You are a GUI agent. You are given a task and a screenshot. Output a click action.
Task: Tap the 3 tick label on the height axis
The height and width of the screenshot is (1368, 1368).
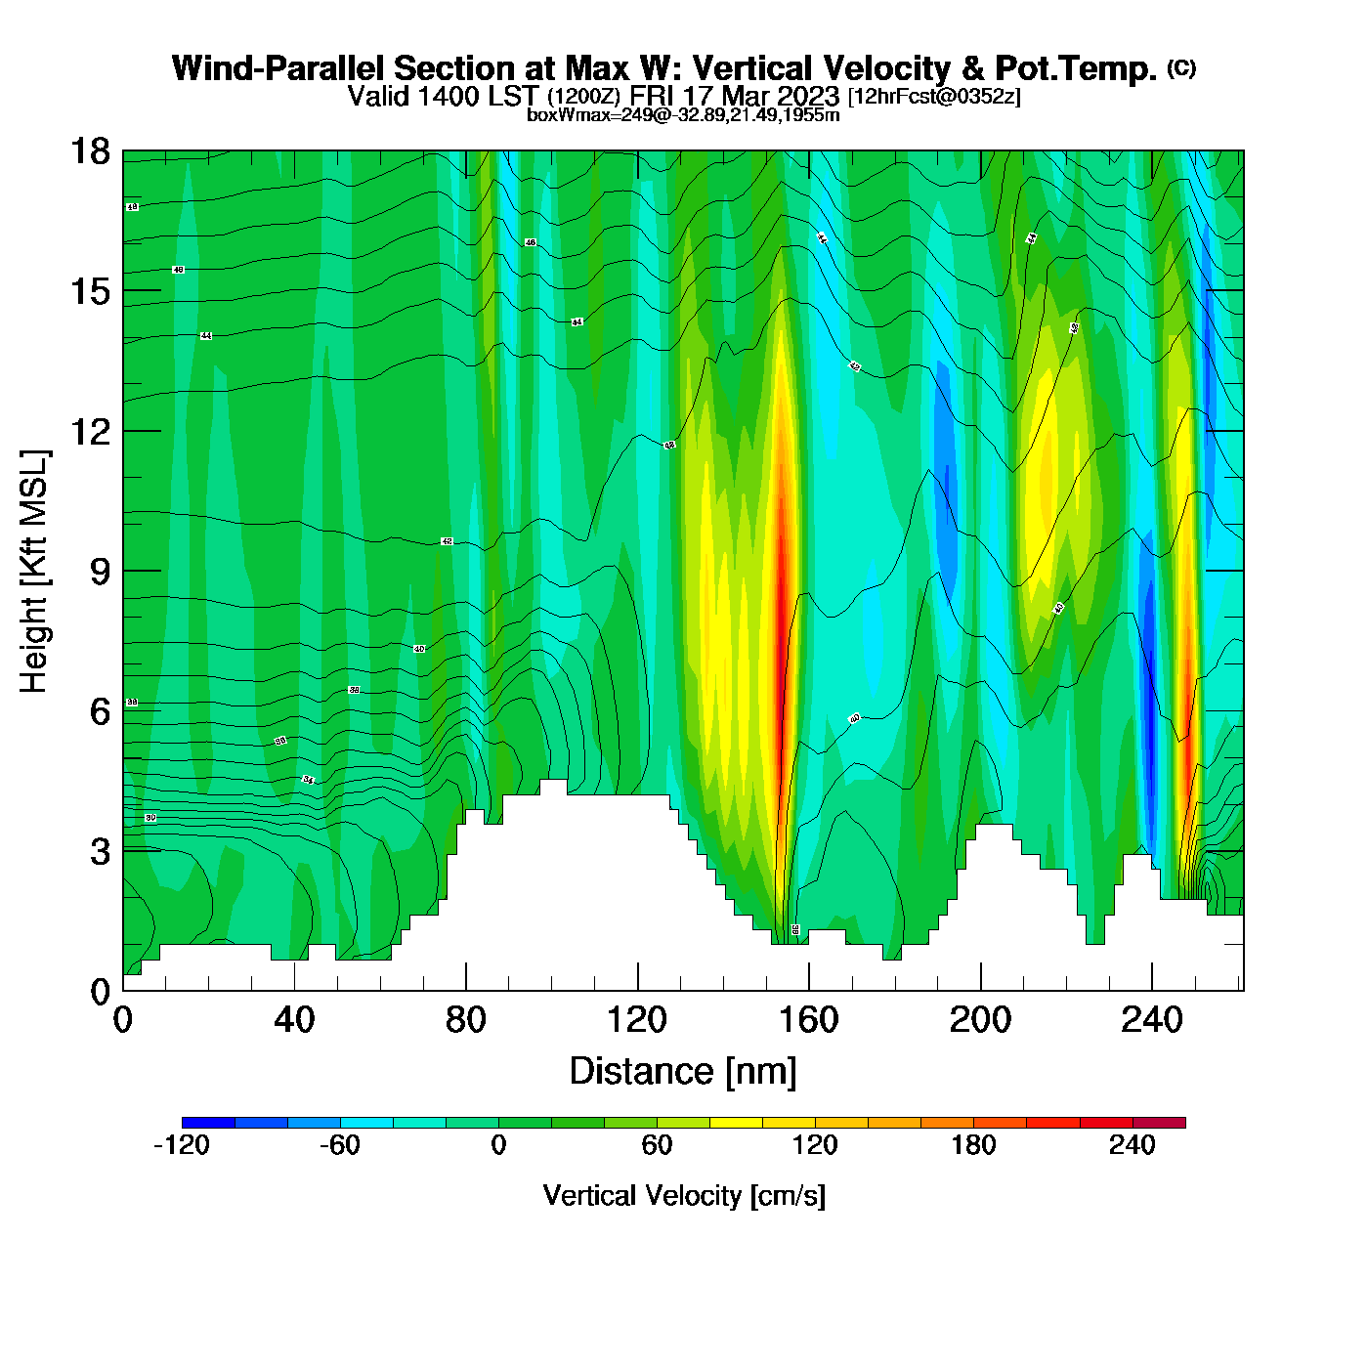click(x=100, y=851)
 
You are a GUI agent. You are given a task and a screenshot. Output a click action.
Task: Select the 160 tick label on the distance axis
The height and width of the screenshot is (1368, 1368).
click(x=809, y=1020)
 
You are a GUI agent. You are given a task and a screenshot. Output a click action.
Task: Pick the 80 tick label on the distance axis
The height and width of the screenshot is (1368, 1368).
click(x=465, y=1020)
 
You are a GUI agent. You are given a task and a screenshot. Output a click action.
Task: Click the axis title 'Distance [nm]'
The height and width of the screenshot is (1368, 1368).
click(x=683, y=1071)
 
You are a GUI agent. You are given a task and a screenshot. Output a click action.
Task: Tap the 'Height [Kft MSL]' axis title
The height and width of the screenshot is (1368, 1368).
click(x=34, y=572)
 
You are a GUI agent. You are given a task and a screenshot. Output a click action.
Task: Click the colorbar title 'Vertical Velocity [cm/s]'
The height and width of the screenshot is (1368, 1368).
click(x=684, y=1195)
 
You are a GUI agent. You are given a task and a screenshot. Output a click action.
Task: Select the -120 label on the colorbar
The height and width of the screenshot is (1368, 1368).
click(x=182, y=1145)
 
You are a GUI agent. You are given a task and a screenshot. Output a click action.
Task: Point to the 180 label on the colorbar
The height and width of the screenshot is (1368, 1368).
click(x=973, y=1145)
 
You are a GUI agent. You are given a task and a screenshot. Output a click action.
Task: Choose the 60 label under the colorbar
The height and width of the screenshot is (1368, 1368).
click(x=657, y=1145)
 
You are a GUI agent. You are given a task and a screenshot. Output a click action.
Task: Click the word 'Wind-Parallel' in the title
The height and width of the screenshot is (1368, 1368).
click(x=278, y=68)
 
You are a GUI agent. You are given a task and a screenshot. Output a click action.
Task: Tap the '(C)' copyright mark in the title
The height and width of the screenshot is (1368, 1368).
click(x=1180, y=67)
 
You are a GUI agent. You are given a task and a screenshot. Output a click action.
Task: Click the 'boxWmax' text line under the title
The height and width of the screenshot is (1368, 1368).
click(x=683, y=114)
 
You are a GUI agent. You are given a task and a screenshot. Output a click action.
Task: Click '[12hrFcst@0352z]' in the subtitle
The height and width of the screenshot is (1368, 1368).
click(x=934, y=97)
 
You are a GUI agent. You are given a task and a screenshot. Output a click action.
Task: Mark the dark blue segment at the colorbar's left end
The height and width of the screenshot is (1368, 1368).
click(x=208, y=1123)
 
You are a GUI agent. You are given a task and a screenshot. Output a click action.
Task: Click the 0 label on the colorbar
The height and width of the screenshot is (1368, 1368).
click(x=498, y=1145)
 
